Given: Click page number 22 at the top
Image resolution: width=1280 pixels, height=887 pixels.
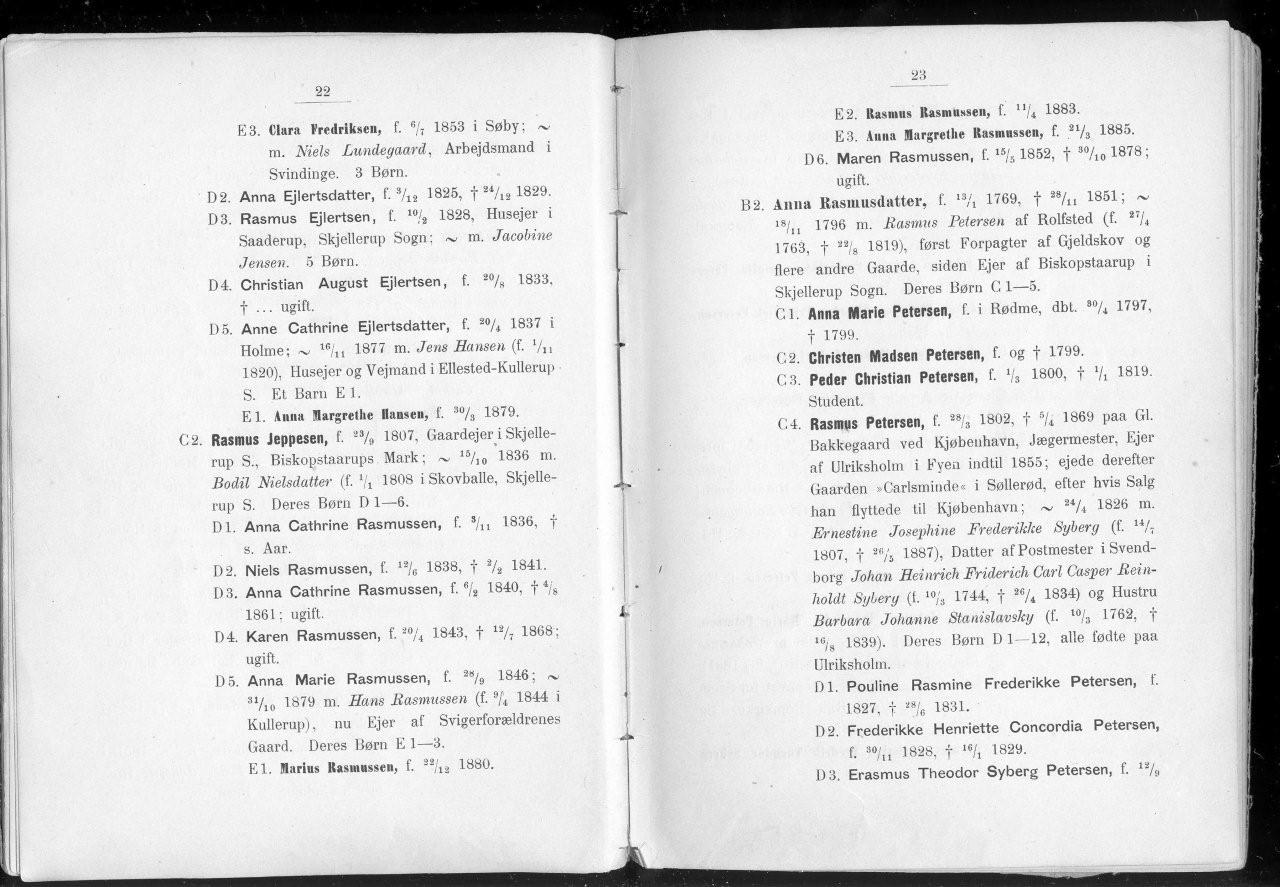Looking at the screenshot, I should [322, 92].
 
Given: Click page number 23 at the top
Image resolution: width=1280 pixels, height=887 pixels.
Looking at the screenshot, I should [920, 75].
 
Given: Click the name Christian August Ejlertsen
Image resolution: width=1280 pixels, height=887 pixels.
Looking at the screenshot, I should [342, 284].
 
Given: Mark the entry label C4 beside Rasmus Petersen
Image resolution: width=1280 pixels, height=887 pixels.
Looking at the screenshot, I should [790, 423].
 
